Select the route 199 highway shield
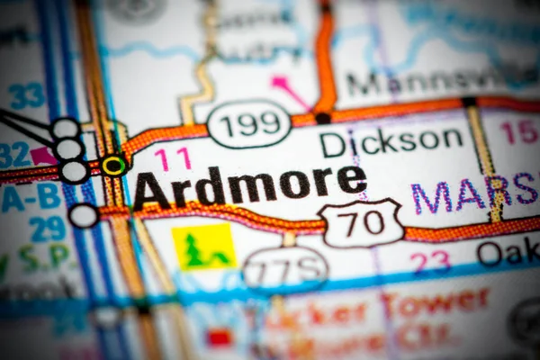click(249, 123)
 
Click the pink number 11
click(172, 159)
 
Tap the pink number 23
click(430, 262)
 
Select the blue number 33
click(26, 94)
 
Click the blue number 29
click(46, 229)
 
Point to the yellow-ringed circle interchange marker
click(113, 166)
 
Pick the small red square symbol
click(220, 337)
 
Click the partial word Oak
click(508, 253)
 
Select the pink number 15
click(520, 132)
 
